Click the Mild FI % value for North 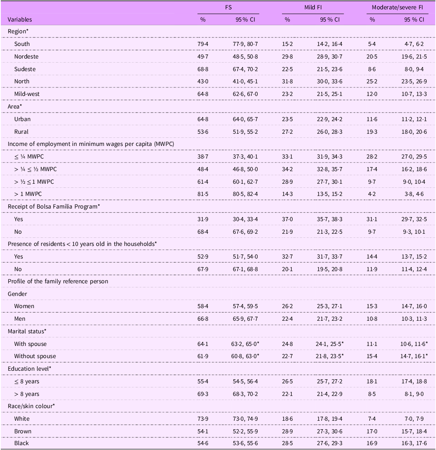click(287, 81)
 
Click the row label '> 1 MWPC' click(28, 194)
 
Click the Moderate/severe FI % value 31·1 click(372, 219)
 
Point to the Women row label click(24, 306)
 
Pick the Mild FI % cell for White click(287, 419)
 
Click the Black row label click(22, 443)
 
